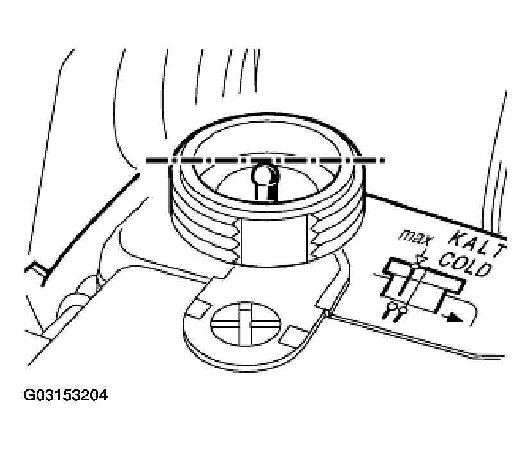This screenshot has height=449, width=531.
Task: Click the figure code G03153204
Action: [x=65, y=395]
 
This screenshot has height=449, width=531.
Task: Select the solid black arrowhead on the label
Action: [x=454, y=318]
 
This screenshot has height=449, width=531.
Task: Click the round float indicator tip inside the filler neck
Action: [x=265, y=174]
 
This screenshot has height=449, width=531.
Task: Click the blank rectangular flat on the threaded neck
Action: [x=275, y=241]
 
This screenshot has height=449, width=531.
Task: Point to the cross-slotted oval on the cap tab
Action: [x=246, y=323]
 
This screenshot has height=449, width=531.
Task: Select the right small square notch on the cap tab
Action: [x=293, y=337]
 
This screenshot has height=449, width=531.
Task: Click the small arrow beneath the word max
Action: [x=421, y=258]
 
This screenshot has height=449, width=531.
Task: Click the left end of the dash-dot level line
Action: [x=147, y=160]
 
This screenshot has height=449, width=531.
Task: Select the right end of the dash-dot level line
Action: [x=385, y=159]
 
